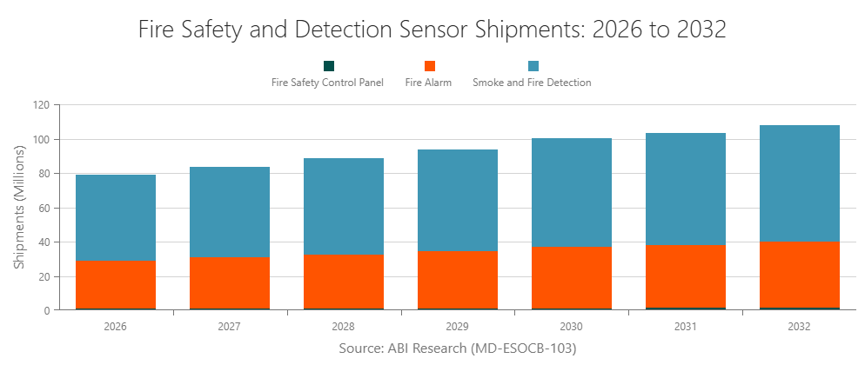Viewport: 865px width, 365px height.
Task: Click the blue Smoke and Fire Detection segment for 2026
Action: tap(116, 217)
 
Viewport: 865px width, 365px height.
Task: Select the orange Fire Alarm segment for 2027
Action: tap(230, 282)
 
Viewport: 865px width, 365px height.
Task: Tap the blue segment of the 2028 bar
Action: tap(344, 207)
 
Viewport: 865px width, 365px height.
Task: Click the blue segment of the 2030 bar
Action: tap(572, 192)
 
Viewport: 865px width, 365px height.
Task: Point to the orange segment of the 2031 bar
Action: tap(686, 276)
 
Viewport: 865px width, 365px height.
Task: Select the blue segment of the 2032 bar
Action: tap(800, 183)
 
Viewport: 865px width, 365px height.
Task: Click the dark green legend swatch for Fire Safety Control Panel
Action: tap(328, 66)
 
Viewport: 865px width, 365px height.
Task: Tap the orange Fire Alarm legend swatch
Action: tap(429, 66)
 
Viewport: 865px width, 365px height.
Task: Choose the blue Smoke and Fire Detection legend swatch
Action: tap(533, 66)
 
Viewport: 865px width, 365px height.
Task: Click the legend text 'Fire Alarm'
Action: tap(428, 83)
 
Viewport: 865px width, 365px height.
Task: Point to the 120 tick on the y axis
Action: tap(41, 105)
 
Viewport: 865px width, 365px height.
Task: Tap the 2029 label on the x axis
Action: tap(458, 327)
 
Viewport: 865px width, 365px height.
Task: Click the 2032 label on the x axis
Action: tap(800, 327)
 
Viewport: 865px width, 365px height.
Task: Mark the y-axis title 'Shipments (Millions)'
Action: tap(20, 207)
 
